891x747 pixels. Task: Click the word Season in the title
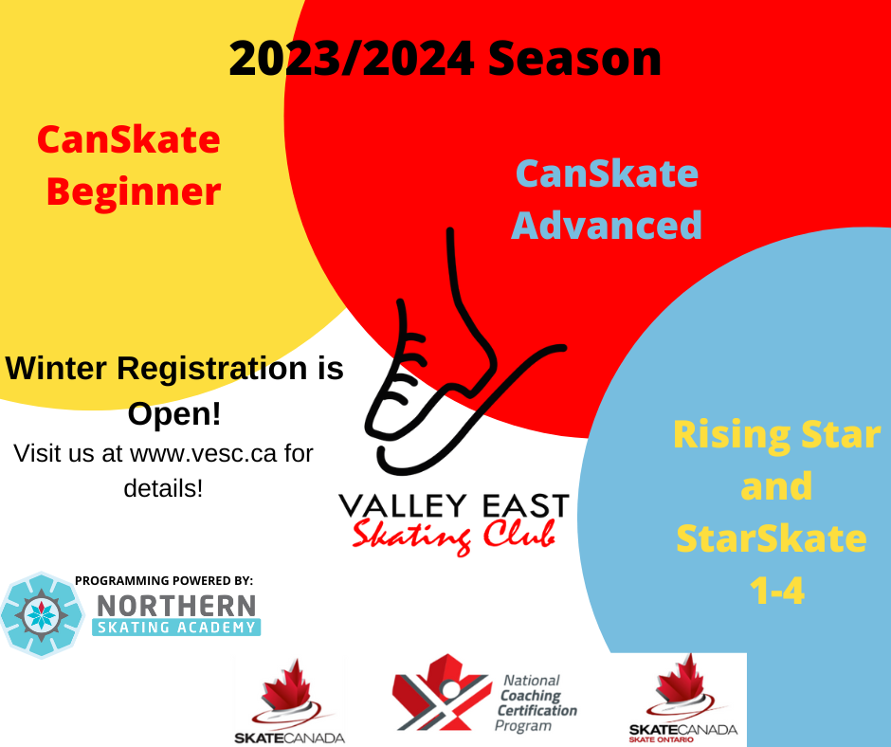pos(574,59)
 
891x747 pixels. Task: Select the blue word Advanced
pos(607,225)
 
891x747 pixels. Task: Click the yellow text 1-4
pos(777,591)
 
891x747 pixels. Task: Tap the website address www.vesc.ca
pos(203,454)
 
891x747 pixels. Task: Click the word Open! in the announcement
pos(173,414)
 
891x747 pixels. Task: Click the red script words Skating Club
pos(453,535)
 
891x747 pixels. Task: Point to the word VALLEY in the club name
pos(402,505)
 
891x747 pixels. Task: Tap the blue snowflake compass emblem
pos(42,615)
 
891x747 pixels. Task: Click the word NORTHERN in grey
pos(176,606)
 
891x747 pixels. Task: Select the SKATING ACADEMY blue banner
pos(176,627)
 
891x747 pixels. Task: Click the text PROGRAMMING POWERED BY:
pos(164,580)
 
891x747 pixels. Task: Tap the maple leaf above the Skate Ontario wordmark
pos(682,680)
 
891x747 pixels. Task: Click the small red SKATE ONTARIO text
pos(661,739)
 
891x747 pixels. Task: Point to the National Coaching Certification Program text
pos(536,702)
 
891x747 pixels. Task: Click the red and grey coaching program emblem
pos(442,692)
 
